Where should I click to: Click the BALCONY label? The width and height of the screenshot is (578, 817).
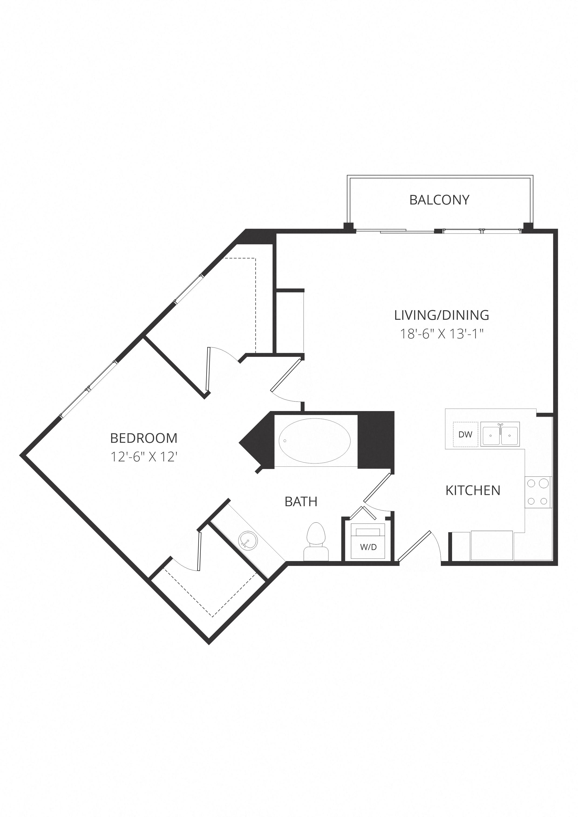click(439, 200)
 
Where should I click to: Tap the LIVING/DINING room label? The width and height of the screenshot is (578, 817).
click(441, 315)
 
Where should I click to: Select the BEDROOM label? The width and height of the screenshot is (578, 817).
click(144, 438)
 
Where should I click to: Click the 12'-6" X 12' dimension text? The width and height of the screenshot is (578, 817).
click(144, 457)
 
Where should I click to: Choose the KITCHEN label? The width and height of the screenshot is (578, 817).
click(473, 491)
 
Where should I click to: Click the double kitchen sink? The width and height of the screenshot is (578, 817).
click(500, 434)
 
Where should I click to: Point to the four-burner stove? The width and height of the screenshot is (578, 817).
click(538, 492)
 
